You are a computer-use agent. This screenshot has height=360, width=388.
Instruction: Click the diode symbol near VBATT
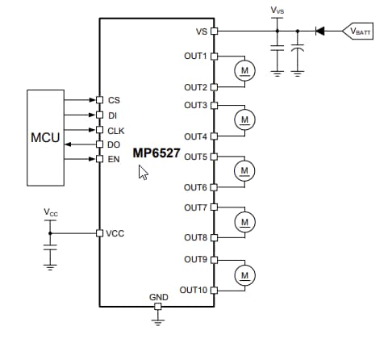coord(319,31)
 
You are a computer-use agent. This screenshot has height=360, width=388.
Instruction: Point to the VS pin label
coord(201,32)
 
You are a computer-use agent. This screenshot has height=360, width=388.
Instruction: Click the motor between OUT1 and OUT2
coord(244,71)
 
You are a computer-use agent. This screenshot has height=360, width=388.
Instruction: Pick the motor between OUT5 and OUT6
coord(244,170)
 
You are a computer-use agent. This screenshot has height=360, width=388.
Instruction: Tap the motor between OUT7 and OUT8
coord(244,220)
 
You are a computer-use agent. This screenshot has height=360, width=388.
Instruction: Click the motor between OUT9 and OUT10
coord(244,275)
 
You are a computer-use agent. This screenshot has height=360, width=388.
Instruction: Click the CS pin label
coord(113,101)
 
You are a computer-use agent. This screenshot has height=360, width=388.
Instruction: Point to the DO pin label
coord(114,144)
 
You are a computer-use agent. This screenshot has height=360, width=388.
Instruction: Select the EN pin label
coord(114,159)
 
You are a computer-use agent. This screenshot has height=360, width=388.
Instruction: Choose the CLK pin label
coord(115,130)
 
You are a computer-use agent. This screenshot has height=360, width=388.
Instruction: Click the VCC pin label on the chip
coord(116,233)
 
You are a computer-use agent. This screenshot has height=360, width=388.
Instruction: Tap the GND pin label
coord(158,297)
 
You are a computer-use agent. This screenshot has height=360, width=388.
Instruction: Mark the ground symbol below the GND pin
coord(158,320)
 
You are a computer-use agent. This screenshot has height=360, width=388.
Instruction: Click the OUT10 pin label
coord(194,290)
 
